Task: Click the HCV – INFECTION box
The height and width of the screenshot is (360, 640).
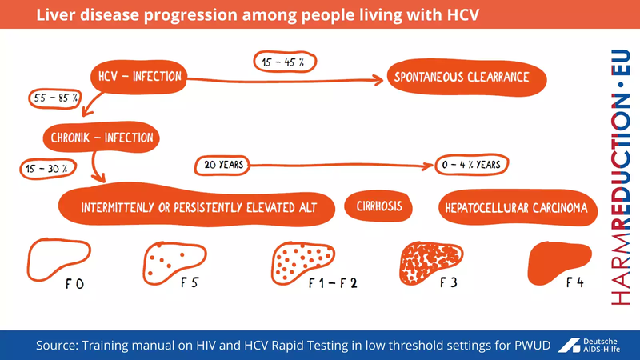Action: click(138, 78)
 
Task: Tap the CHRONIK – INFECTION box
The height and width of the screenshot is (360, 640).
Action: click(101, 138)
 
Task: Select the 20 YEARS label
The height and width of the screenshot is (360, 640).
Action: click(220, 165)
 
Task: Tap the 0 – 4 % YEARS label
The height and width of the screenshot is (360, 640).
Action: click(472, 165)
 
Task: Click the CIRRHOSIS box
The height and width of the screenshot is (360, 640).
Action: click(378, 207)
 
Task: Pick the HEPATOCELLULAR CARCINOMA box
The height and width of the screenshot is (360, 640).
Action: click(517, 208)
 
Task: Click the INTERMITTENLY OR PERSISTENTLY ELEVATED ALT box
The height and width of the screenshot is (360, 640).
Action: click(198, 208)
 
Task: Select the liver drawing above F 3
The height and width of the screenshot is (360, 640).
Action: click(432, 261)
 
